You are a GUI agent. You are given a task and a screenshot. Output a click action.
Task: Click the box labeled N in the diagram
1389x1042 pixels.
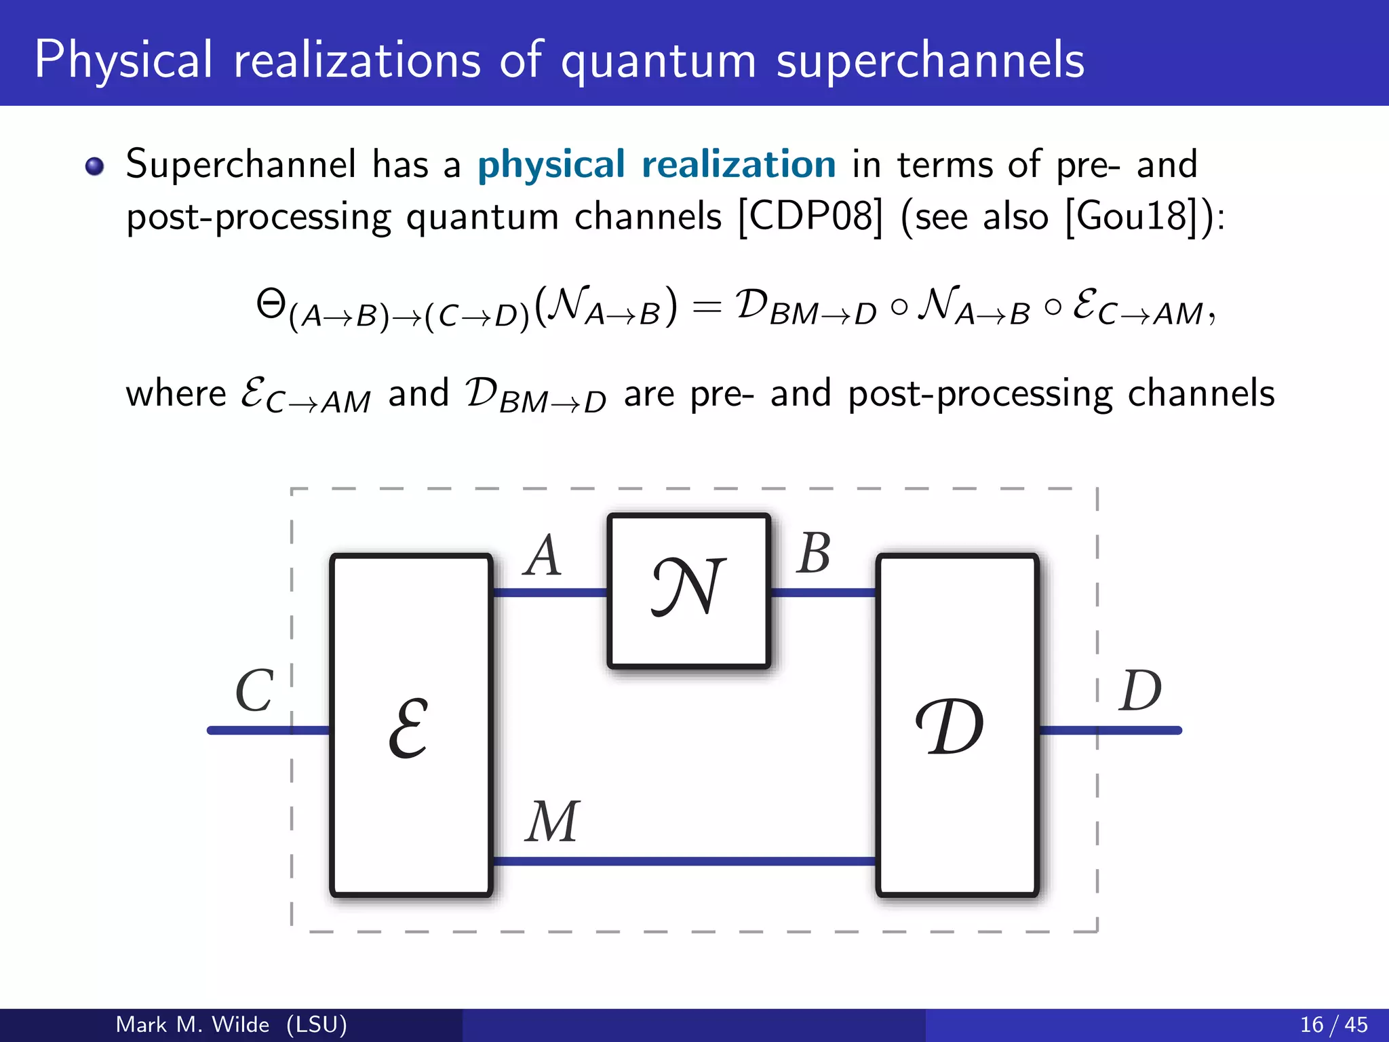(688, 590)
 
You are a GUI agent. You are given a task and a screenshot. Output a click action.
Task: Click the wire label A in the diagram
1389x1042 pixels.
(543, 556)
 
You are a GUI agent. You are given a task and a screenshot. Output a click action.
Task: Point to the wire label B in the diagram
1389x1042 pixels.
(813, 554)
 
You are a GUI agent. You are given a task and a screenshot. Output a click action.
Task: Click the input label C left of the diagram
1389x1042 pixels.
(254, 691)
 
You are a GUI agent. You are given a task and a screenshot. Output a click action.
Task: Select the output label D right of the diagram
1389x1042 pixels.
(1140, 691)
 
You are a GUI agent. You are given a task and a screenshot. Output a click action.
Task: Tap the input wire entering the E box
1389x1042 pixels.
(268, 730)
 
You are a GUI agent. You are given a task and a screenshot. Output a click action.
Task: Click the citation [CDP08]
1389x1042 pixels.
(810, 218)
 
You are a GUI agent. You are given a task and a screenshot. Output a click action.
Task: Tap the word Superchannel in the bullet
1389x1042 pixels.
(241, 165)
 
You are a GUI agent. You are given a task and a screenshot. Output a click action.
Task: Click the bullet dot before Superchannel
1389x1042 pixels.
(95, 166)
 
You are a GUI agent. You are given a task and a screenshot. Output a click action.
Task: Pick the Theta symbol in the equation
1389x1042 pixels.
(271, 303)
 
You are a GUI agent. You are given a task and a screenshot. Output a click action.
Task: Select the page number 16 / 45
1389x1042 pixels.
(1333, 1024)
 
